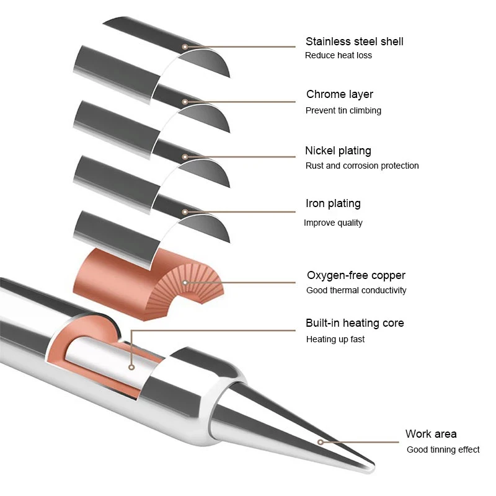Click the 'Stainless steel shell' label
[354, 42]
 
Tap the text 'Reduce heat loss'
[338, 55]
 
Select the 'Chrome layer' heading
[339, 94]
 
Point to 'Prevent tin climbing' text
[343, 110]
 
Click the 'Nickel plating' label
[338, 151]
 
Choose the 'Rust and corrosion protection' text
[362, 166]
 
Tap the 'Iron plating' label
[333, 203]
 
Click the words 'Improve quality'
[333, 223]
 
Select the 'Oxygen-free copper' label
[356, 275]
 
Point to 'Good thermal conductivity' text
[356, 290]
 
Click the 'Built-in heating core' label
[354, 323]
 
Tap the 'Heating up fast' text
[335, 339]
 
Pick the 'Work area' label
[431, 434]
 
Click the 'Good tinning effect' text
[443, 449]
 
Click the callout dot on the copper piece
[185, 283]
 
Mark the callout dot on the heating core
[131, 366]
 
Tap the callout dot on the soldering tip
[321, 442]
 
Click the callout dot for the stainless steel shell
[185, 46]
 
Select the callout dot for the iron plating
[185, 212]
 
